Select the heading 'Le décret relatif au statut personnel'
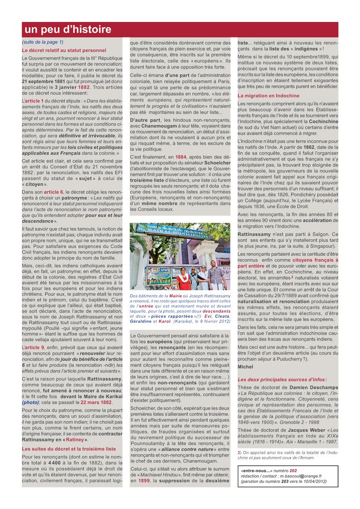64,50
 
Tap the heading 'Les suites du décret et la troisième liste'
68,449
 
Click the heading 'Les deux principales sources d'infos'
282,379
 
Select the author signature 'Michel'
245,367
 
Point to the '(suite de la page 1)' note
42,42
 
